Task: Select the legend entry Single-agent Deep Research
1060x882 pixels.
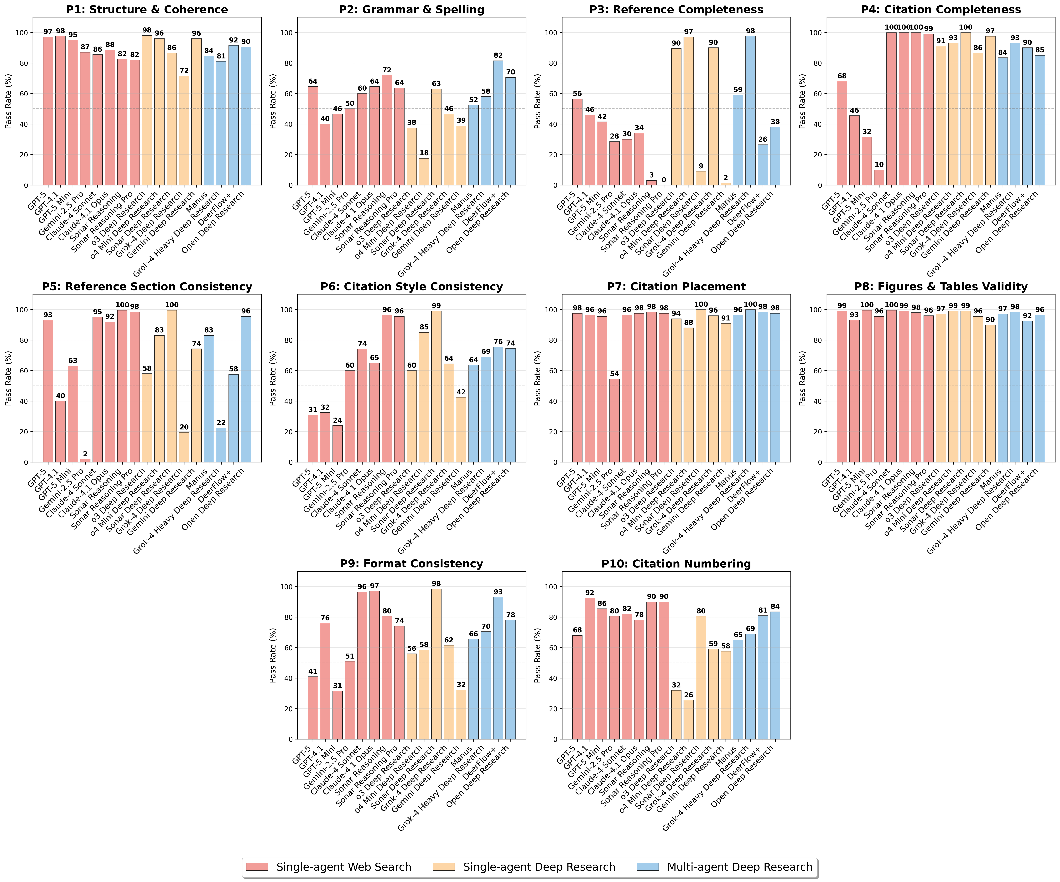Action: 539,867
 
